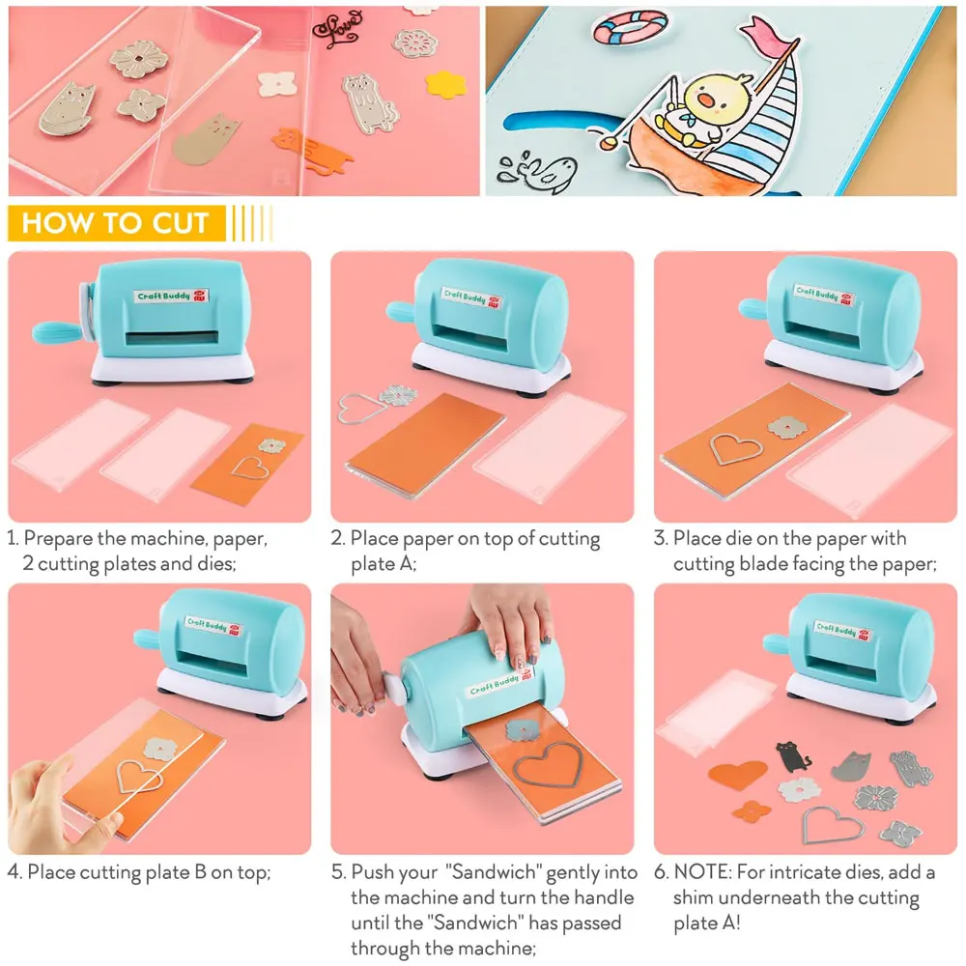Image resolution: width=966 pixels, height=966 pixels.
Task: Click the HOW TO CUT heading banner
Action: (116, 223)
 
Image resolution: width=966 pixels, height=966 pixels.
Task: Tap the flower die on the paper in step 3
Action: (786, 426)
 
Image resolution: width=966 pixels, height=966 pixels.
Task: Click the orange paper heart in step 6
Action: (739, 774)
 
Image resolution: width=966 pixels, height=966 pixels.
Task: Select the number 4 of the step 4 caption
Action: (14, 873)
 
